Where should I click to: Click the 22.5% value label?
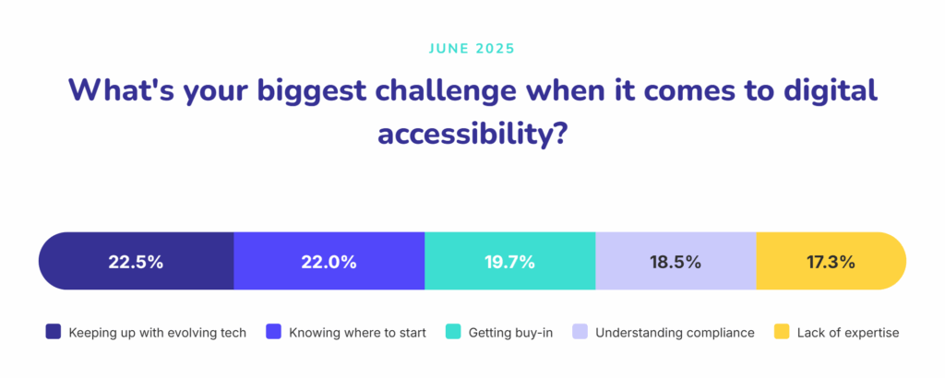(136, 262)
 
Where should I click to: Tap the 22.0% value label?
(329, 262)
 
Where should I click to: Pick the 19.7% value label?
(509, 262)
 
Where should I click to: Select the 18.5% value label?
(676, 262)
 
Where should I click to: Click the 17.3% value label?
(829, 262)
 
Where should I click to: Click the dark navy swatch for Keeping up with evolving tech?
(54, 332)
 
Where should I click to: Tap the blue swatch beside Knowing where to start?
(274, 332)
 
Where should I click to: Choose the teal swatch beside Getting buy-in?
(453, 332)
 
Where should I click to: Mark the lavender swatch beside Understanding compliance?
(580, 332)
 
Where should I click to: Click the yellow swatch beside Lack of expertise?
(782, 332)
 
